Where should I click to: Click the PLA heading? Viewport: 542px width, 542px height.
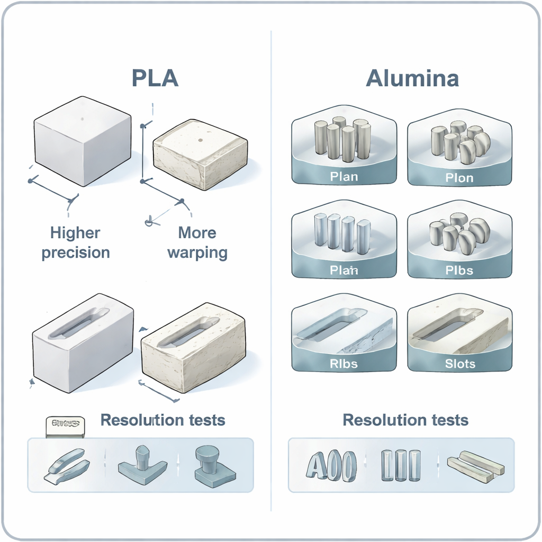155,78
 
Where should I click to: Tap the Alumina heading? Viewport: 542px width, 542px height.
412,78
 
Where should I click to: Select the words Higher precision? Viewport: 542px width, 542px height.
76,242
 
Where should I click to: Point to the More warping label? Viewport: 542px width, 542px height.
197,242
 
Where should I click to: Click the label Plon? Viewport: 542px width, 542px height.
459,177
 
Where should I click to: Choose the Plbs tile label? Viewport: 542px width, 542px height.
459,270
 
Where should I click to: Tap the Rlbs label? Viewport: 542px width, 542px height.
344,364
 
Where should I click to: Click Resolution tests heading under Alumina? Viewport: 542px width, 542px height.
405,420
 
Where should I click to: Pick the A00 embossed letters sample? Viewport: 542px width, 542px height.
331,466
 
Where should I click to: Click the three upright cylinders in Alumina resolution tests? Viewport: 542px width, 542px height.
401,464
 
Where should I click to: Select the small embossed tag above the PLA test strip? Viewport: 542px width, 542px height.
65,424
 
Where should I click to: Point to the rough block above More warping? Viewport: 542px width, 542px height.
200,153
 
